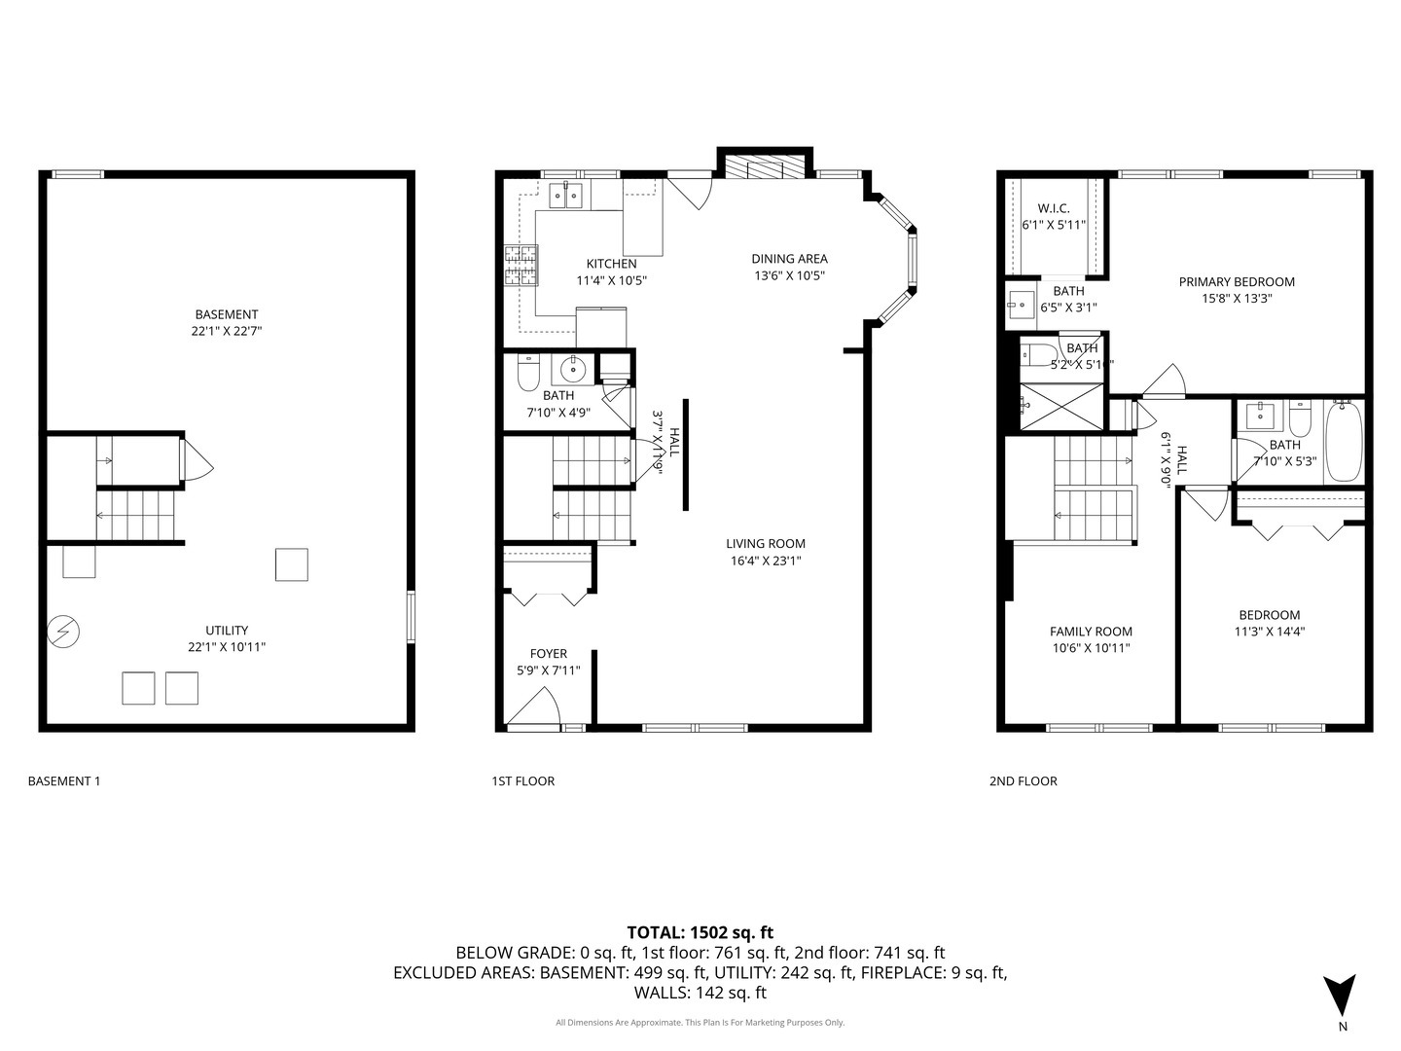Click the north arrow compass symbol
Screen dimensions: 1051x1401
[1341, 994]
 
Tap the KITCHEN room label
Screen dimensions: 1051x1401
[611, 264]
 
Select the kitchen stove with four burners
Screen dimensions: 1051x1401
[521, 265]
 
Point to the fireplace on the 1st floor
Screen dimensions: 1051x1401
[765, 166]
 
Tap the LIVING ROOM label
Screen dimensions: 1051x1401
[766, 544]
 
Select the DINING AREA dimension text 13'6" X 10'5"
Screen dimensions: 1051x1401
[789, 275]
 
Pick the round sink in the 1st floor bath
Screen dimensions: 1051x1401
[573, 369]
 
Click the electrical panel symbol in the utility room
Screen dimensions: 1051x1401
[64, 633]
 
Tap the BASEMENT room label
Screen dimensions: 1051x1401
[227, 314]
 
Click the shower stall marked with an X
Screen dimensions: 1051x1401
[1061, 407]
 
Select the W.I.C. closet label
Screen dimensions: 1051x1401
[1054, 208]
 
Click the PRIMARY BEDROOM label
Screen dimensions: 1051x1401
[1237, 282]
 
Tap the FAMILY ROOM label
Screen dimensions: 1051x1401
[1091, 631]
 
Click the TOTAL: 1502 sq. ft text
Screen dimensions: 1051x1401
[700, 932]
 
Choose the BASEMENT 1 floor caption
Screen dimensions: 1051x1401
[64, 780]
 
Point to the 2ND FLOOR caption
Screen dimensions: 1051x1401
[1023, 780]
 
